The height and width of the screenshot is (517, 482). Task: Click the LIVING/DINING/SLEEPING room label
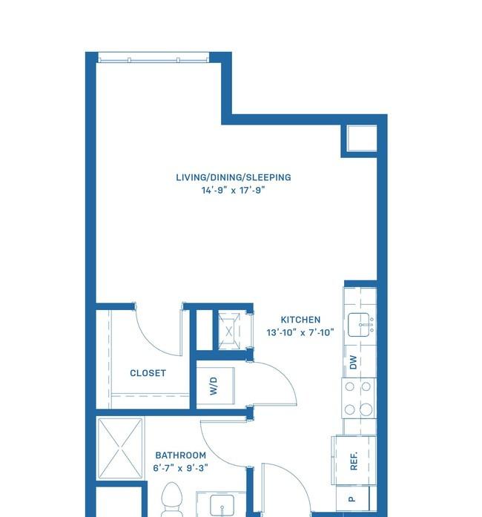click(x=234, y=177)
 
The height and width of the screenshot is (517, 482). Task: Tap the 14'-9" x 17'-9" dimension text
click(x=234, y=190)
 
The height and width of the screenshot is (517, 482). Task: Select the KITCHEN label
click(x=300, y=320)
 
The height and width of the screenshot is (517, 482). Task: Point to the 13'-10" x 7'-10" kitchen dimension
click(x=300, y=332)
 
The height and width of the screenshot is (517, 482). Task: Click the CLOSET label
click(x=148, y=373)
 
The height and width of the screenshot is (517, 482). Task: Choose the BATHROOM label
click(x=181, y=455)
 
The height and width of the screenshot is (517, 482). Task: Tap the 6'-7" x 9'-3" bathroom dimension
click(x=181, y=468)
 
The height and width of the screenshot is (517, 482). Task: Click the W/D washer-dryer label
click(x=214, y=386)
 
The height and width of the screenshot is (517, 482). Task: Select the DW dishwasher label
click(x=353, y=362)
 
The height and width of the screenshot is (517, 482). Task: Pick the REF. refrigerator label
click(x=354, y=461)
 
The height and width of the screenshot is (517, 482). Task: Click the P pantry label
click(x=351, y=499)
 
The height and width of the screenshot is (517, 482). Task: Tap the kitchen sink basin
click(x=358, y=325)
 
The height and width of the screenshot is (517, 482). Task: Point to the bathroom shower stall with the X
click(x=120, y=448)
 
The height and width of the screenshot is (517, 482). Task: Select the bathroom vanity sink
click(x=222, y=505)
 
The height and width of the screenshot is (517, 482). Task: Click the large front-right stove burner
click(x=366, y=409)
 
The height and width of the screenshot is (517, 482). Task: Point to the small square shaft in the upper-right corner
click(x=362, y=138)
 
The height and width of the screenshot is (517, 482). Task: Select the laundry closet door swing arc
click(x=283, y=376)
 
